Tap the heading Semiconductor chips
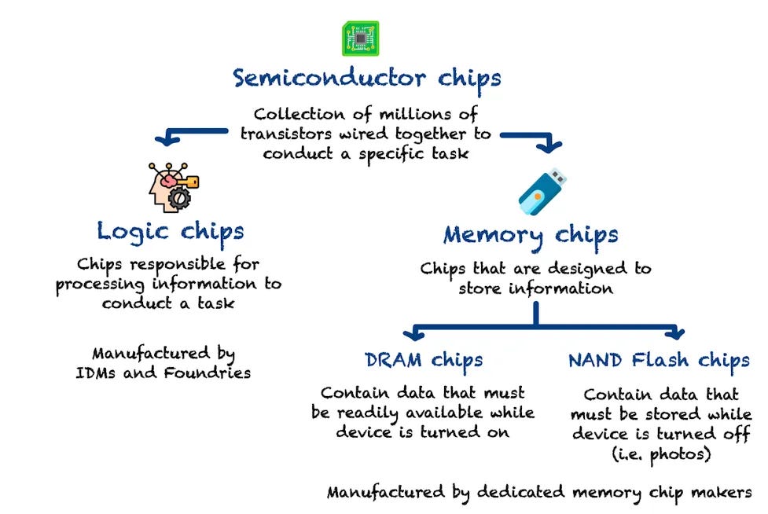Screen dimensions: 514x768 (x=366, y=79)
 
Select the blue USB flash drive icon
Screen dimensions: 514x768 (x=542, y=191)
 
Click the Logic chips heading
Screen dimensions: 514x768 (x=171, y=231)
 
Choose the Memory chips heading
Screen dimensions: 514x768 (x=531, y=234)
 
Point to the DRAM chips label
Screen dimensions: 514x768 (x=424, y=360)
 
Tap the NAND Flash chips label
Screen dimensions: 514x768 (x=659, y=361)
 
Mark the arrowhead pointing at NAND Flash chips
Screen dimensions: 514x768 (x=674, y=332)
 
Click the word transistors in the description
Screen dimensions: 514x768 (x=286, y=134)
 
